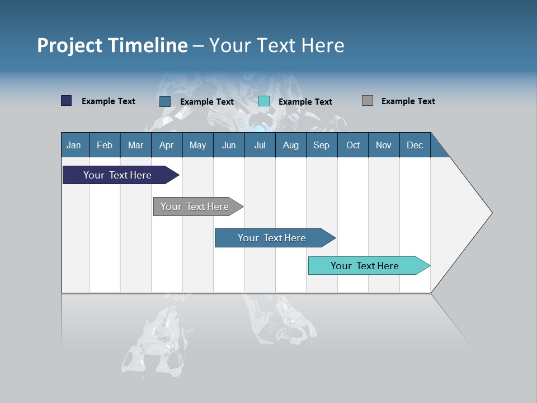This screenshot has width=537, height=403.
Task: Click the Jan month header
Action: coord(74,145)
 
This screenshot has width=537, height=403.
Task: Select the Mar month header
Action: coord(135,145)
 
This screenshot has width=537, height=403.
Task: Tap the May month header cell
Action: coord(197,145)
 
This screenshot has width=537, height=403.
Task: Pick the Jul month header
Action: coord(260,145)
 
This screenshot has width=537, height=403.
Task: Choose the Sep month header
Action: coord(321,145)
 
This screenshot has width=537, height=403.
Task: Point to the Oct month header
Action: coord(353,145)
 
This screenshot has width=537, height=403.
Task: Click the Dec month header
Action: coord(414,145)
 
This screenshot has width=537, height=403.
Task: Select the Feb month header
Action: coord(105,145)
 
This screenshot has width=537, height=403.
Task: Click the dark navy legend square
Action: coord(66,101)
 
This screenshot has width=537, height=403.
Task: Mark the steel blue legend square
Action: coord(164,101)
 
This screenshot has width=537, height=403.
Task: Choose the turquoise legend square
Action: coord(264,101)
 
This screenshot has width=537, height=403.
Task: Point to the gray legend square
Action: coord(368,101)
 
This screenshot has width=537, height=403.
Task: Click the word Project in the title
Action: coord(69,45)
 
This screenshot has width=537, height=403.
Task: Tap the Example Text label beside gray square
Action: coord(408,101)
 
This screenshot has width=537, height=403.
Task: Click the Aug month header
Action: coord(290,145)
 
